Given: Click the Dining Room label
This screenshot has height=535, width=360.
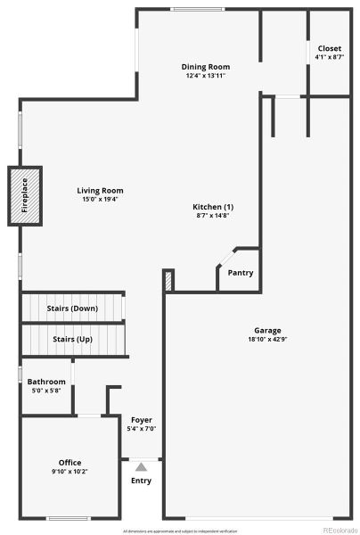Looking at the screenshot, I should point(206,67).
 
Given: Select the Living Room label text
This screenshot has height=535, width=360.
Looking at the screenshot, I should point(100,190).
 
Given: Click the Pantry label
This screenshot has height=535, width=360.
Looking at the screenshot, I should point(240,273).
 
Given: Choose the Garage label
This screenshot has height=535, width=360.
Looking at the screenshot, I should point(267,329).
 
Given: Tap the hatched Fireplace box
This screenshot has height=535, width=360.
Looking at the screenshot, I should point(26,195).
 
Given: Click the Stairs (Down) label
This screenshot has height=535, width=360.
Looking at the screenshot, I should point(72,309).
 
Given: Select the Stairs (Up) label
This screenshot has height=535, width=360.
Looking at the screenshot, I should point(72,340).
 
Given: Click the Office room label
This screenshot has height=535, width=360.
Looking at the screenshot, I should point(70,462).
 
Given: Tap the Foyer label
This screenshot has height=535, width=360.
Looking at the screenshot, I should point(142,419).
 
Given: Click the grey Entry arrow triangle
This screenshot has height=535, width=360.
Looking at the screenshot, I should point(141,465).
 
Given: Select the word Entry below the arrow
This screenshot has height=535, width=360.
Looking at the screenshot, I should point(141,481).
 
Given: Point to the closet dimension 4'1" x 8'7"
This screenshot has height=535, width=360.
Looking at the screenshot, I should point(329,57).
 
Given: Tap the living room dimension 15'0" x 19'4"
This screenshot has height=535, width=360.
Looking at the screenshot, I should point(100,199).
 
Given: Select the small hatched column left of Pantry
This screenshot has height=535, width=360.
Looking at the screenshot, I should point(168,281).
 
